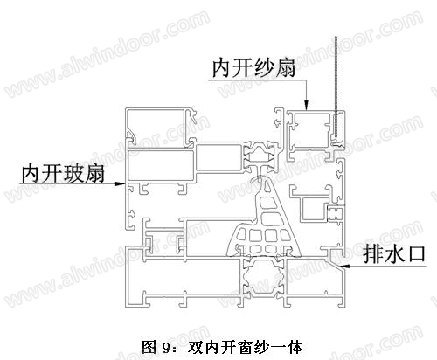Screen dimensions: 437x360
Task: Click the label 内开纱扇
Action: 253,68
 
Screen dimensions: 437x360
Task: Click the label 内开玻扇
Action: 63,174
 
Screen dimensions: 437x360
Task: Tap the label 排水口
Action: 394,255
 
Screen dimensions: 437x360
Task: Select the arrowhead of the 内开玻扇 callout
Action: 121,183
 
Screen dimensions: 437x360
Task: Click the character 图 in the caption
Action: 149,347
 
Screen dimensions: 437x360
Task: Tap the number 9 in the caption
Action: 166,348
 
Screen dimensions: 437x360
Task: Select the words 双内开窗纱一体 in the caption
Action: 245,347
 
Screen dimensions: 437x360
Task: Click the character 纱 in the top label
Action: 264,68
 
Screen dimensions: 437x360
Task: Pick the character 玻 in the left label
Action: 73,174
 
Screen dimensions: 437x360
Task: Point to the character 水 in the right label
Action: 394,255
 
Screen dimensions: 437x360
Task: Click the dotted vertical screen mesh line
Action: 336,87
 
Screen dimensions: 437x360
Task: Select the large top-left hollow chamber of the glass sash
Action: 156,127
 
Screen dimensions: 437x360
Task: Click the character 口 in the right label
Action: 416,255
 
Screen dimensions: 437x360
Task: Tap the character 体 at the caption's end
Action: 295,347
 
